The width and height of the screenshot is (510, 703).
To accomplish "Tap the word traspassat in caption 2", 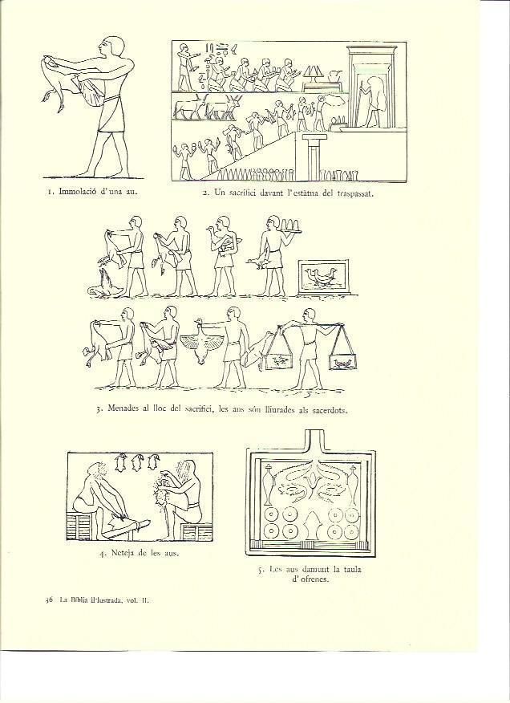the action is tap(354, 193).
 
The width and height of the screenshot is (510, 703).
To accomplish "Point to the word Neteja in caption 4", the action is tap(122, 553).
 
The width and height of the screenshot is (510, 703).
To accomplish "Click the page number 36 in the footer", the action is tap(50, 600).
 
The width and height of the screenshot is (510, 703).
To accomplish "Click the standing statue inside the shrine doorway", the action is tap(372, 101).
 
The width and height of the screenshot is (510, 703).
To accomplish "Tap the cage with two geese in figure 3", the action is tap(324, 277).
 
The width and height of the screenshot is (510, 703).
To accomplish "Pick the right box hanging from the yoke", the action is tap(343, 362).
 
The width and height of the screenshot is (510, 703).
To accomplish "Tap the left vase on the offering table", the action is tap(269, 484).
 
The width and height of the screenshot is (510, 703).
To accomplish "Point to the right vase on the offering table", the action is tap(352, 484).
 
